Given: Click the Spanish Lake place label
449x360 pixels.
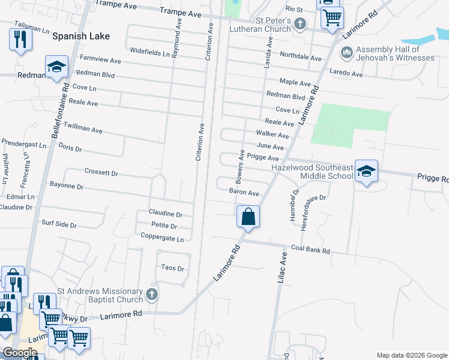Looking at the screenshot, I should (x=81, y=36).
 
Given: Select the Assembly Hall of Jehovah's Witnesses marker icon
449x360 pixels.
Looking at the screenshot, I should (x=346, y=53).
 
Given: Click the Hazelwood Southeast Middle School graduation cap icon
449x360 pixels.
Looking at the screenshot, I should (x=366, y=172).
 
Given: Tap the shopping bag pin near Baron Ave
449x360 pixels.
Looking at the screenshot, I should (x=248, y=216).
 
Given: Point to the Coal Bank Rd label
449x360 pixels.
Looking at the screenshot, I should (x=311, y=250).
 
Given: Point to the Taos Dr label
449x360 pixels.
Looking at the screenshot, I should (x=173, y=268).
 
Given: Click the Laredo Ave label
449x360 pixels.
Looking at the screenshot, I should (x=347, y=74).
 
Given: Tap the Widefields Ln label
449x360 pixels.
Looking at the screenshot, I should (x=149, y=52).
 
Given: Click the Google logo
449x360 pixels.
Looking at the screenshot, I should (x=20, y=353).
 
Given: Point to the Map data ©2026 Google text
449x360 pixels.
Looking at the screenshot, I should (x=411, y=355).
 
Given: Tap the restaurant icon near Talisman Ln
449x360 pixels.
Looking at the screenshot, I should (x=20, y=40).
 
